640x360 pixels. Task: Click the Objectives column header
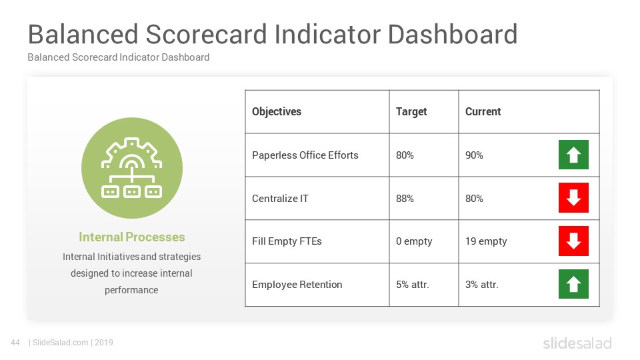tap(276, 112)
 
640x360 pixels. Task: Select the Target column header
tap(411, 112)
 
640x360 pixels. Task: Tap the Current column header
tap(483, 111)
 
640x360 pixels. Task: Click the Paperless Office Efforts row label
tap(305, 155)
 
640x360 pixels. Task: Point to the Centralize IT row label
tap(280, 199)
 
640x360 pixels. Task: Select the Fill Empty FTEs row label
tap(287, 241)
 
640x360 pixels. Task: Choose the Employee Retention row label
tap(297, 285)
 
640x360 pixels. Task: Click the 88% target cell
tap(405, 199)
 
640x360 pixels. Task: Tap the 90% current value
tap(474, 155)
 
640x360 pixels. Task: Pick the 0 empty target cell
tap(414, 241)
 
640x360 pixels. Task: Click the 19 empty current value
tap(486, 241)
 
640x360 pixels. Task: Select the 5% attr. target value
tap(412, 285)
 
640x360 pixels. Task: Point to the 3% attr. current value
tap(481, 285)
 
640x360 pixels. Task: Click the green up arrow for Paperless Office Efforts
tap(573, 155)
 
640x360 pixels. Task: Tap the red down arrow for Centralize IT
tap(573, 197)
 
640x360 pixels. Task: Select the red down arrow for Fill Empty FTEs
tap(573, 241)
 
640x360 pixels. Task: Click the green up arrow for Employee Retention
tap(573, 284)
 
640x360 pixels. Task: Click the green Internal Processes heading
tap(131, 237)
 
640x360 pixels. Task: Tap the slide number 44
tap(15, 343)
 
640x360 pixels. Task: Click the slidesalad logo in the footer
tap(577, 343)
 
